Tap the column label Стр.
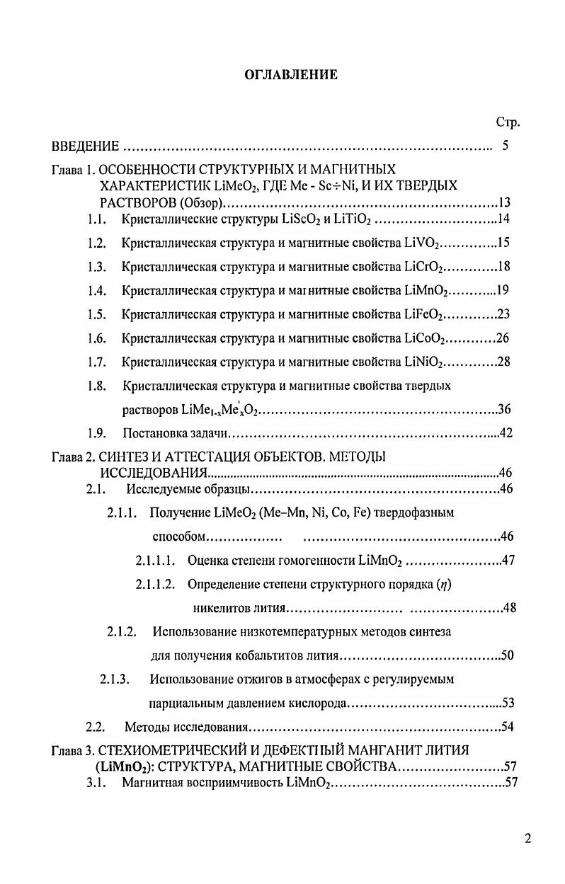click(508, 122)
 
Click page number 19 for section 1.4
click(503, 291)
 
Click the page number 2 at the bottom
click(528, 839)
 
